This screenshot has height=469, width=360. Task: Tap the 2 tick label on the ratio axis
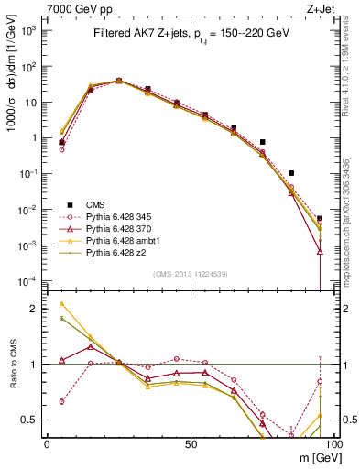34,310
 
